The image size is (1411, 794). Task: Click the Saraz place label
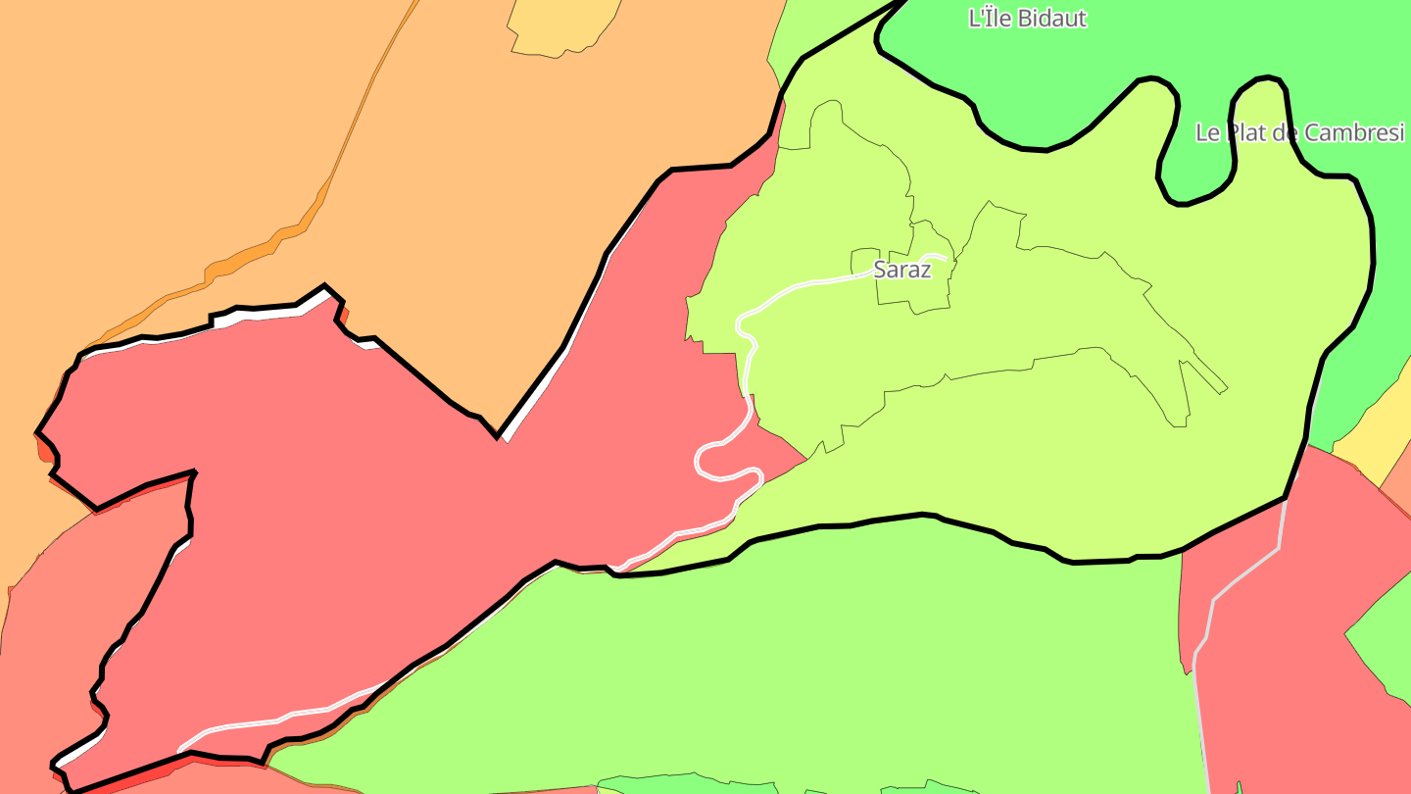[x=901, y=270]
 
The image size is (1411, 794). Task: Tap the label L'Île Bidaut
[x=1027, y=19]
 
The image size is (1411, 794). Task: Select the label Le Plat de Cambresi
[x=1299, y=133]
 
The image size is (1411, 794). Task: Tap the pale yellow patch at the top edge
[x=562, y=25]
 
